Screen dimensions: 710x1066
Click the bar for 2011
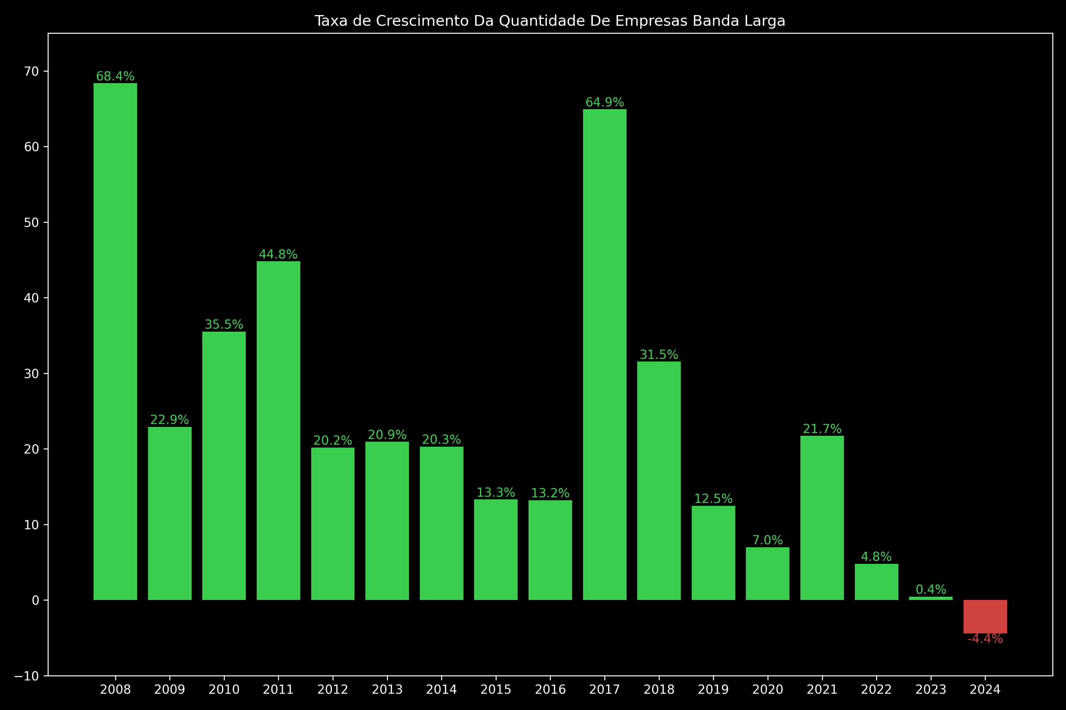pos(278,430)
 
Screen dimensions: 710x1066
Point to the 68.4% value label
pos(115,76)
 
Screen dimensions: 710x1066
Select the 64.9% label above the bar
pos(605,102)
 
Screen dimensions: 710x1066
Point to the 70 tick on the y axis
pos(32,72)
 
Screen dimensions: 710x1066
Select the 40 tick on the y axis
pos(32,298)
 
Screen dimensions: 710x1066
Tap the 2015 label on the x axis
pos(496,690)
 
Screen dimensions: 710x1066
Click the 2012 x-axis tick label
pos(333,690)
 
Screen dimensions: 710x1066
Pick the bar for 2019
pos(713,553)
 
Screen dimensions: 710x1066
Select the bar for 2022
pos(876,582)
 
